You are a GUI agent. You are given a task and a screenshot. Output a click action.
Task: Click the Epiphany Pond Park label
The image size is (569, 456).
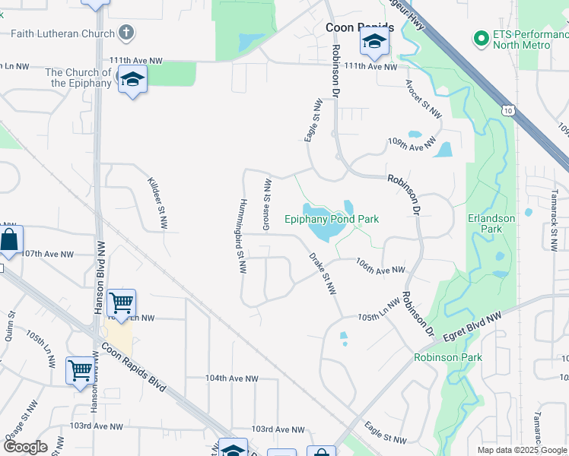pyautogui.click(x=332, y=219)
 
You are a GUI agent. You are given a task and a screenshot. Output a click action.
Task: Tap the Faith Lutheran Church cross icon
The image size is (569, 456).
pyautogui.click(x=127, y=33)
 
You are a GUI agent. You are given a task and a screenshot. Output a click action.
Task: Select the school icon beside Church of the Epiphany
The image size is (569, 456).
pyautogui.click(x=132, y=80)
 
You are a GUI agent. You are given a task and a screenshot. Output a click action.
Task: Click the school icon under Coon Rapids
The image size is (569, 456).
pyautogui.click(x=374, y=43)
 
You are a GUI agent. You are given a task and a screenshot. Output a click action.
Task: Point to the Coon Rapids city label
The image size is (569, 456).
pyautogui.click(x=360, y=27)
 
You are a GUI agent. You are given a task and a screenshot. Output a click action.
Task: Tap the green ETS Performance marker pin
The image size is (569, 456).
pyautogui.click(x=481, y=37)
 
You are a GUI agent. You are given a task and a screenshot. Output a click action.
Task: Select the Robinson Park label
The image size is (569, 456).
pyautogui.click(x=448, y=357)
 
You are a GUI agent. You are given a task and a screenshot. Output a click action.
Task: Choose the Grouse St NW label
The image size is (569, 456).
pyautogui.click(x=267, y=204)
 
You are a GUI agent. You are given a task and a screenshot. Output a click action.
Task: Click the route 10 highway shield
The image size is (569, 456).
pyautogui.click(x=508, y=111)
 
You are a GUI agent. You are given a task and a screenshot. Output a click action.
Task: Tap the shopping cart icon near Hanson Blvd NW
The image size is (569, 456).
pyautogui.click(x=122, y=303)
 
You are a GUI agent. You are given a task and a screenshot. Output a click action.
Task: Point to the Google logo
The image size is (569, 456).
pyautogui.click(x=24, y=447)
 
